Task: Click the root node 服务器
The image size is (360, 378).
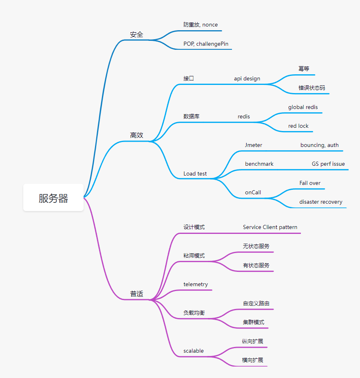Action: click(x=53, y=198)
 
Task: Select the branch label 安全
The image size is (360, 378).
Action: click(x=137, y=35)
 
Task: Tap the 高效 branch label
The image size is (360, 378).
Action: click(x=137, y=135)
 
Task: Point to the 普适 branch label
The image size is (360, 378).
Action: click(x=137, y=294)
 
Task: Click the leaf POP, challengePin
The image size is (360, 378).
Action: click(x=206, y=44)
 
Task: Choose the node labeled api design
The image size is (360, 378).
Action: click(x=247, y=79)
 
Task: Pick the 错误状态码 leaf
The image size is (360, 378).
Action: click(x=311, y=88)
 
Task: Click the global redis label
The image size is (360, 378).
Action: click(x=303, y=107)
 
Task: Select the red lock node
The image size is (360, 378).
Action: click(x=298, y=126)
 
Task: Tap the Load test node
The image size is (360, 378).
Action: click(x=195, y=173)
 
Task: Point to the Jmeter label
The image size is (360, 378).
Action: click(x=254, y=145)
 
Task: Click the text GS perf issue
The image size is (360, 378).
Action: click(x=328, y=164)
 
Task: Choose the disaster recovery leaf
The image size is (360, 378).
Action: click(x=321, y=202)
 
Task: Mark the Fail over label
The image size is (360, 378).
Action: click(x=310, y=183)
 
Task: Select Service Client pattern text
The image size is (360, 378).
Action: click(x=270, y=227)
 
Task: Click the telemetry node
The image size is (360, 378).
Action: click(x=196, y=285)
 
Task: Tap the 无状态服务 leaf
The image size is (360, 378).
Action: click(x=256, y=246)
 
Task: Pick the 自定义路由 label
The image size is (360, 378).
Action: click(x=256, y=303)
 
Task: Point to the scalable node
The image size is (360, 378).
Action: click(x=194, y=351)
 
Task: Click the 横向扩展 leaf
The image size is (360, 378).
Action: click(x=253, y=360)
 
